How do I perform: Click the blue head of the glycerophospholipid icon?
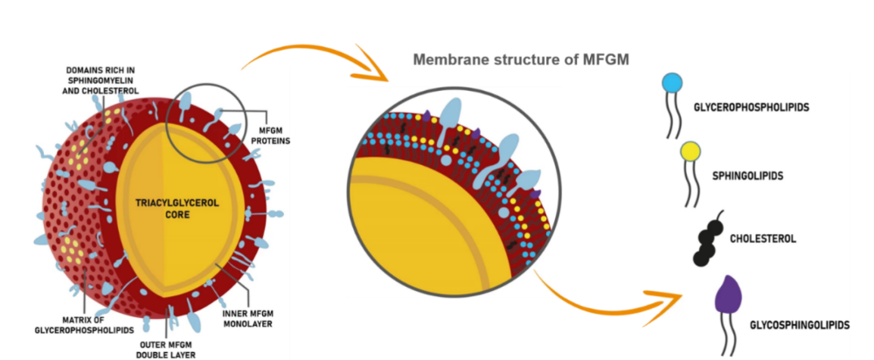pos(672,82)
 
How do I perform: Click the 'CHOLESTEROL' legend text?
pos(762,237)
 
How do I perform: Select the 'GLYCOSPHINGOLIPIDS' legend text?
pos(799,325)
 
